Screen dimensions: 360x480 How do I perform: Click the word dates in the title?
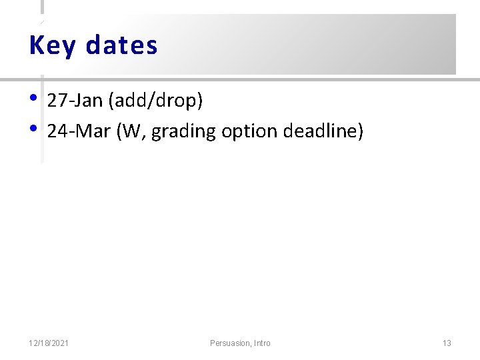coord(121,45)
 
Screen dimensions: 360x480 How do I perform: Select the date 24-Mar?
coord(79,131)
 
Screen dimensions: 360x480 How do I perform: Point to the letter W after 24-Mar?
coord(131,131)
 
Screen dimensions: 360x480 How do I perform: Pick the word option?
coord(247,132)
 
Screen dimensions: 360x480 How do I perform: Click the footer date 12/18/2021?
coord(49,343)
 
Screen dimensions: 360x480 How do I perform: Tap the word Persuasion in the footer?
coord(230,343)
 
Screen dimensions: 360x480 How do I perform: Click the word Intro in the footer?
coord(262,343)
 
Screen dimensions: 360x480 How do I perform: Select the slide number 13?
coord(447,343)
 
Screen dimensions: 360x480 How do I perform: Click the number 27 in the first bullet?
coord(57,101)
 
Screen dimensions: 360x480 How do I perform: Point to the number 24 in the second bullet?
coord(57,131)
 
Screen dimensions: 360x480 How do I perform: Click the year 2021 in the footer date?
coord(60,343)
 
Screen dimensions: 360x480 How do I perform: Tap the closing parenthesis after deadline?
coord(361,132)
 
